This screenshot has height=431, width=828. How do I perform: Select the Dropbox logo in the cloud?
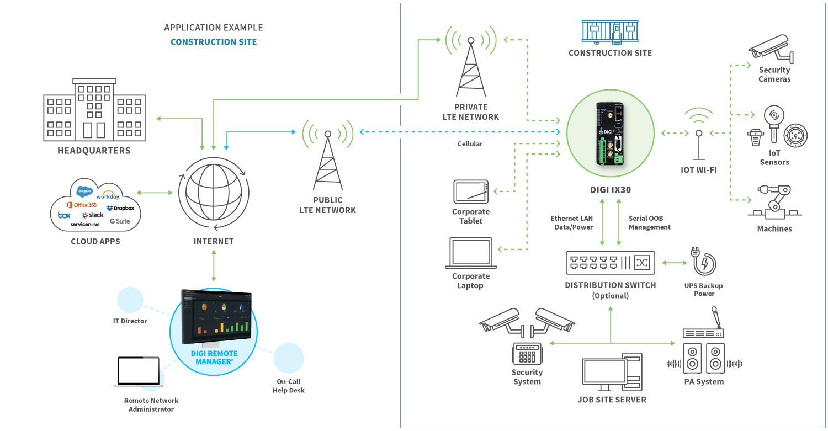click(121, 208)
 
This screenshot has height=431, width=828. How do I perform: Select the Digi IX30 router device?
click(611, 134)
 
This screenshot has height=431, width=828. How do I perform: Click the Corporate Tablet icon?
click(471, 191)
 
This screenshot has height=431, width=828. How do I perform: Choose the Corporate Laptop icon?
click(471, 253)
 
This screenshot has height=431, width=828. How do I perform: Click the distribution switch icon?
click(611, 263)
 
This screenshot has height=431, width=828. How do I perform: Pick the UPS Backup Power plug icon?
click(703, 261)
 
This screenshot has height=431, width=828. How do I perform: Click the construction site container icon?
click(610, 32)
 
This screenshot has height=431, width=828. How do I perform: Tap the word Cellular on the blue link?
click(470, 144)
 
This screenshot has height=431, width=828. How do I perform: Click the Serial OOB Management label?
click(649, 223)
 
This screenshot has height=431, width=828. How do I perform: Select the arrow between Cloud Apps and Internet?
click(155, 193)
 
